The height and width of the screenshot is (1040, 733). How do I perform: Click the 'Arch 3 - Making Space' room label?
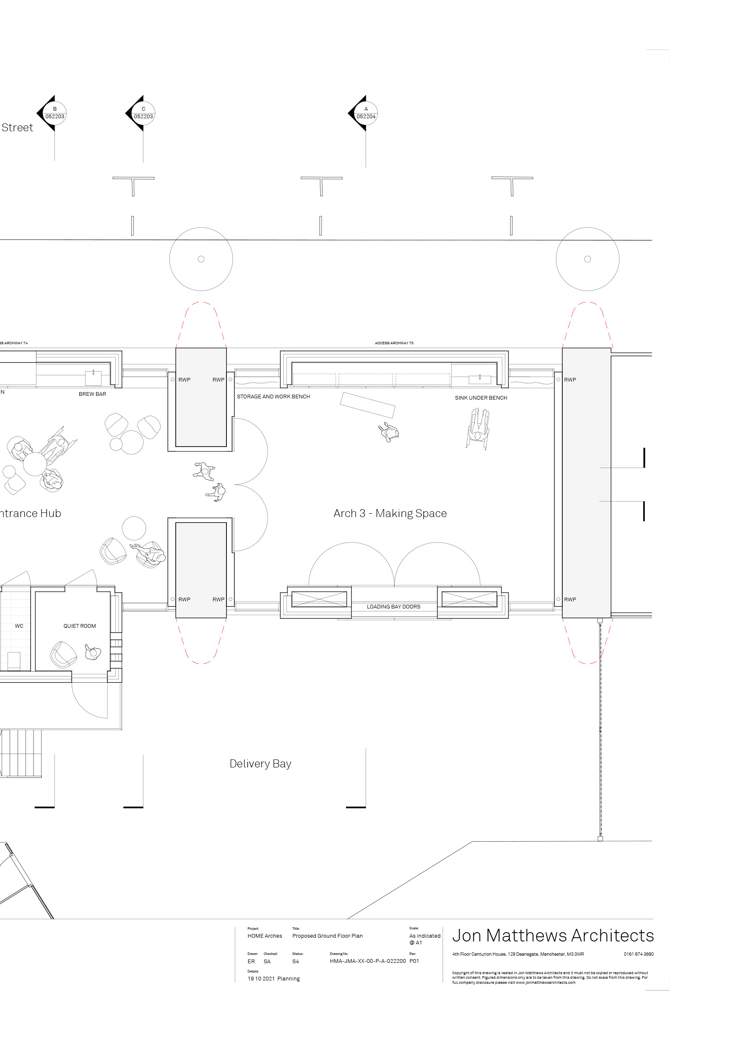click(390, 513)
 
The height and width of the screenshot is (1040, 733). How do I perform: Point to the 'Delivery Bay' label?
click(260, 764)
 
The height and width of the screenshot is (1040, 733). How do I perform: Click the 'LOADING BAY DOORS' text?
click(393, 606)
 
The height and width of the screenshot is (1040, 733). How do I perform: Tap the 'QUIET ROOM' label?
click(79, 626)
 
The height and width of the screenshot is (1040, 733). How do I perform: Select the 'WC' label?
click(19, 626)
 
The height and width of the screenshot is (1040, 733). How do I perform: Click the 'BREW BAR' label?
click(92, 394)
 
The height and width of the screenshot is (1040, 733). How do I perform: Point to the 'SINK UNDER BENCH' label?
click(481, 398)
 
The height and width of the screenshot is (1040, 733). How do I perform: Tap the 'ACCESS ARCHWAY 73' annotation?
click(394, 343)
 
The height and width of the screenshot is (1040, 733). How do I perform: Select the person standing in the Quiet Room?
click(92, 652)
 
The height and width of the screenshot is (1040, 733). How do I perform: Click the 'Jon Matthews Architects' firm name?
click(553, 935)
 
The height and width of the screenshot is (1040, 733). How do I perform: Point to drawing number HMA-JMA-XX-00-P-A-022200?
click(367, 961)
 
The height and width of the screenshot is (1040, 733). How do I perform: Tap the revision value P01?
click(414, 961)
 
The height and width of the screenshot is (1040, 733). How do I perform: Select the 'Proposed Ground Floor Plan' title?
click(327, 936)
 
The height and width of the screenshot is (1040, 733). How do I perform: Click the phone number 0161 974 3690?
click(638, 954)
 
